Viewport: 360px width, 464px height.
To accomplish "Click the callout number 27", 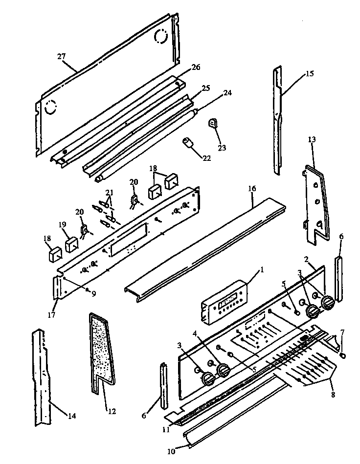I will coord(61,57).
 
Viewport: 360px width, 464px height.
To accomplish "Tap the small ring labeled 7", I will coord(342,355).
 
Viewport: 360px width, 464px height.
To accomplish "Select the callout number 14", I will coord(71,416).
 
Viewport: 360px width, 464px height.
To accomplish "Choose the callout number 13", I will coord(312,139).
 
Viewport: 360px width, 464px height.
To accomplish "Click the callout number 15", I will coord(309,74).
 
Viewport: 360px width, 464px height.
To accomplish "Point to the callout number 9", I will coord(92,293).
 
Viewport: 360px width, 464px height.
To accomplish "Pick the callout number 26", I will coord(196,67).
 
